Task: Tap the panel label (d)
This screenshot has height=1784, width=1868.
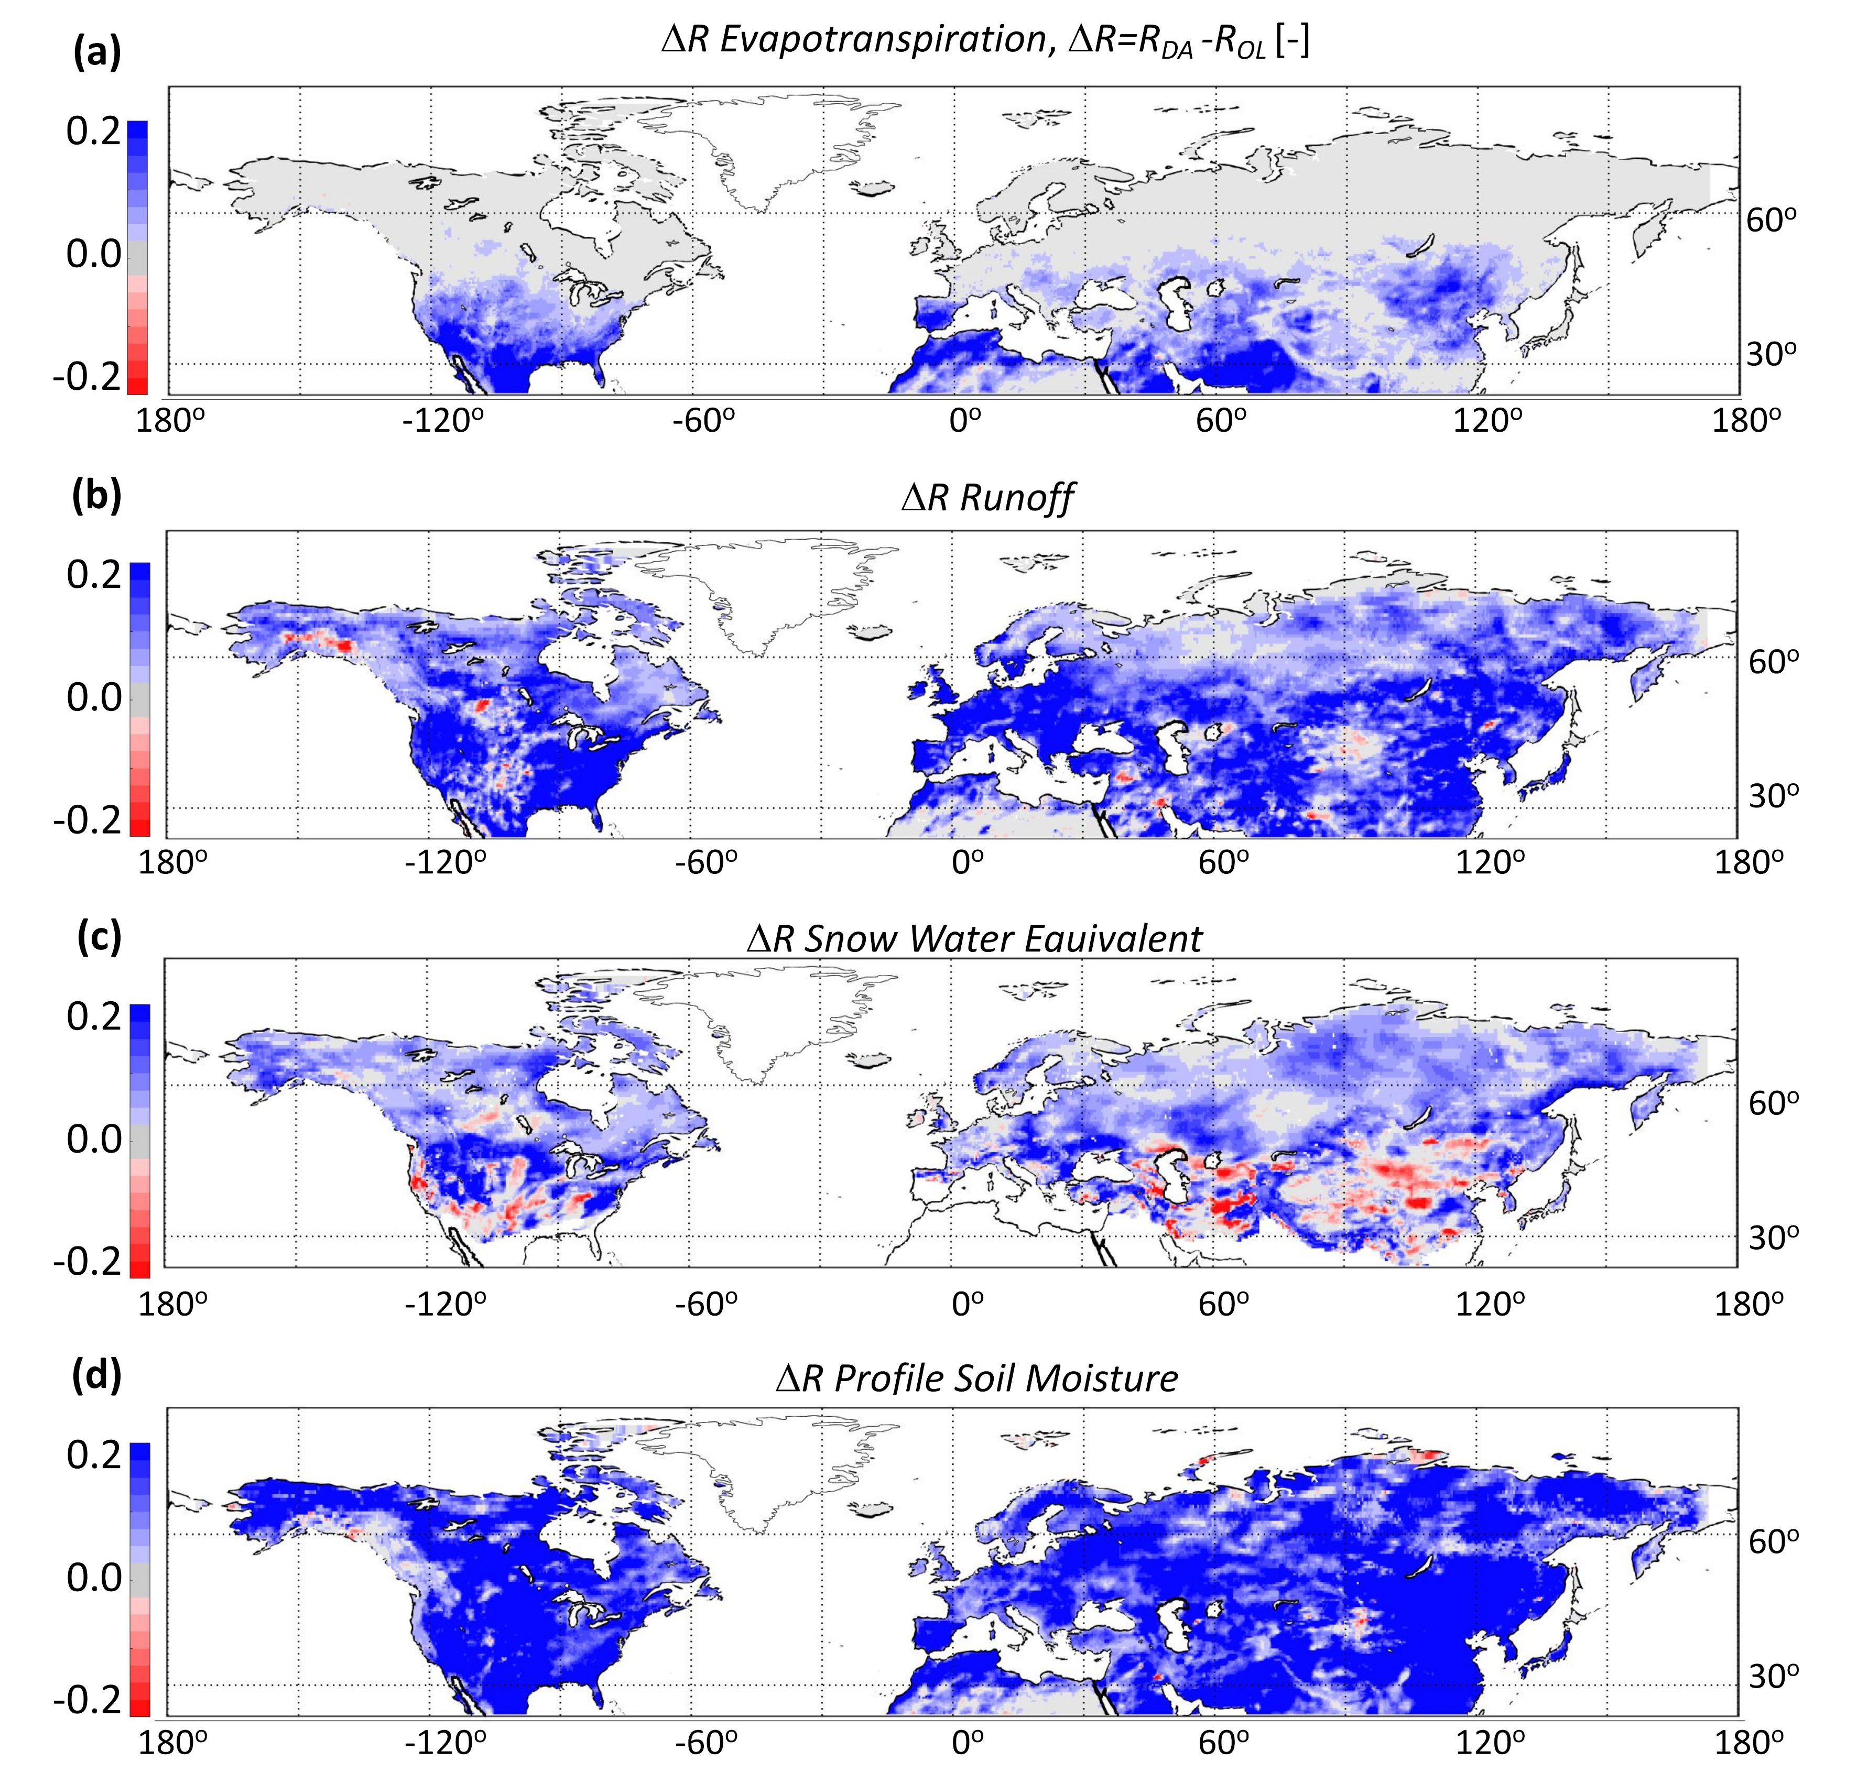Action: coord(97,1375)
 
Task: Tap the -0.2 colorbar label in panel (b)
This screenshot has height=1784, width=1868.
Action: coord(88,820)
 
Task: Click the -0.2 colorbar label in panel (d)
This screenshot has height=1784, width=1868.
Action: coord(88,1699)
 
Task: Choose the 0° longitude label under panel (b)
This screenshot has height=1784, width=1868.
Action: coord(968,861)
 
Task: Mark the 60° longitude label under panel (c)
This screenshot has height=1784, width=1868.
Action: coord(1222,1303)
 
